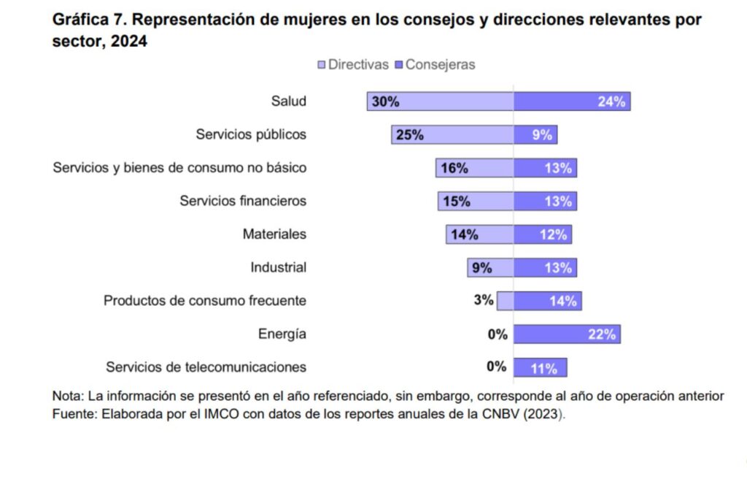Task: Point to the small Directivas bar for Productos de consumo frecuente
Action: pos(505,301)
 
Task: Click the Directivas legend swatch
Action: pos(322,65)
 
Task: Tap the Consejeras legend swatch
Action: pos(399,65)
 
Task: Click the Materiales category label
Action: pos(274,234)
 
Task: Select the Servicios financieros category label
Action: pos(243,201)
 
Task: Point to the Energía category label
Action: pos(282,334)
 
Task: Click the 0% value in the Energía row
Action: pos(498,334)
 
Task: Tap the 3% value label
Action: pos(484,300)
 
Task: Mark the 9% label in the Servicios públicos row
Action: pos(542,135)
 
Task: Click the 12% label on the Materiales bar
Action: pos(554,235)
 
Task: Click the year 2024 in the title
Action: pos(130,42)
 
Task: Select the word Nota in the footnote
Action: pos(66,397)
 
